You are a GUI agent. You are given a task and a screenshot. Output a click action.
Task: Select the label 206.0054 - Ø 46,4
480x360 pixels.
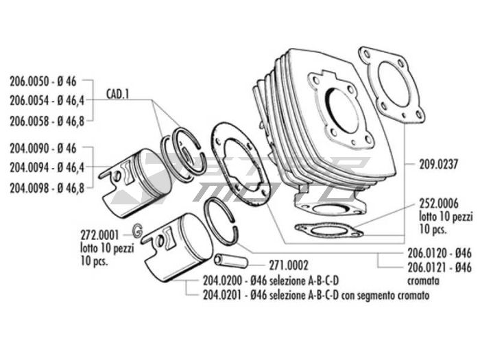tap(46, 101)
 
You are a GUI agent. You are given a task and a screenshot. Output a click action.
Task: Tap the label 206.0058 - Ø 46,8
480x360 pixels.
tap(46, 121)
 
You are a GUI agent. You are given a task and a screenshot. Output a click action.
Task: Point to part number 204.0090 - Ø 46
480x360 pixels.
tap(46, 147)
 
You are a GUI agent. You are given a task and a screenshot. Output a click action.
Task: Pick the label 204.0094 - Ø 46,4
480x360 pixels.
tap(46, 167)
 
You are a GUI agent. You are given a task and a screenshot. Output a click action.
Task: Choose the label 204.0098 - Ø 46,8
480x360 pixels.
tap(46, 187)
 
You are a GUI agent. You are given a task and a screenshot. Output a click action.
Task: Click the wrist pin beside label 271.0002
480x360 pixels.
tap(226, 261)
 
